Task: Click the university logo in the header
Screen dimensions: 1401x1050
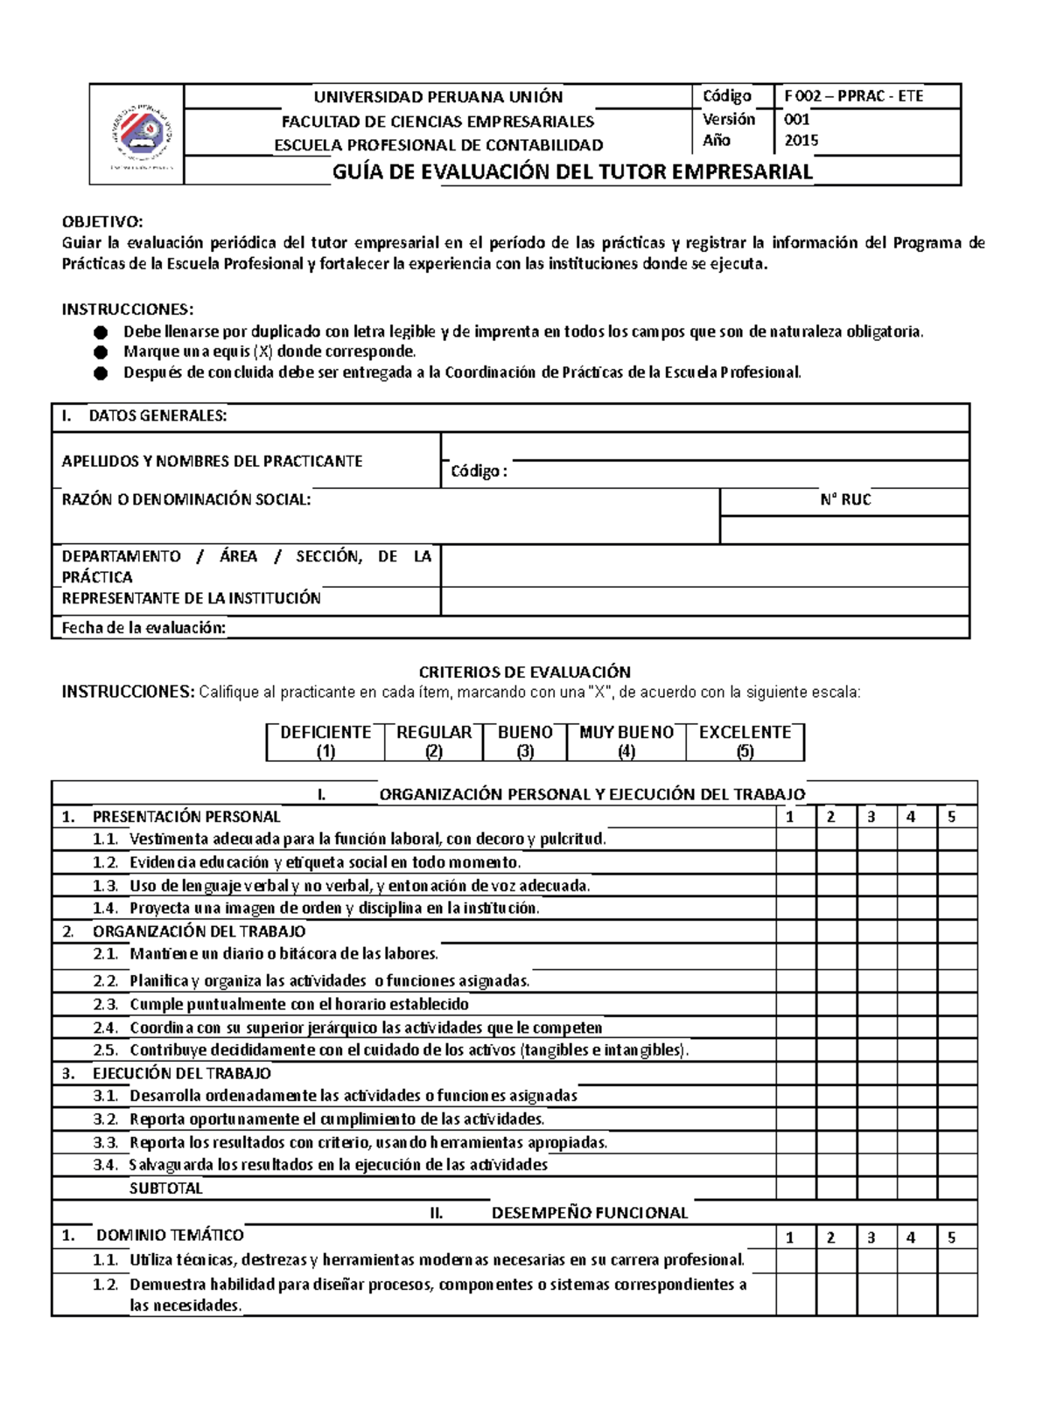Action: (140, 136)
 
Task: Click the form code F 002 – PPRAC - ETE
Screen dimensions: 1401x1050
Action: (853, 96)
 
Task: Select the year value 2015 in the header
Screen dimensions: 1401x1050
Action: (801, 140)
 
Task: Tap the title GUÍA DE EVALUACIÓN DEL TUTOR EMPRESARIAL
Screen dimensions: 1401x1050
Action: (572, 171)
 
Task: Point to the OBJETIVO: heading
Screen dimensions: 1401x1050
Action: (101, 222)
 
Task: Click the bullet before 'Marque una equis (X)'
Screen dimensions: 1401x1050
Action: (101, 352)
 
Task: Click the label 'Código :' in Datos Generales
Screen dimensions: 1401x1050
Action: (478, 471)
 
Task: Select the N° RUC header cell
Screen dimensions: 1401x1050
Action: (844, 499)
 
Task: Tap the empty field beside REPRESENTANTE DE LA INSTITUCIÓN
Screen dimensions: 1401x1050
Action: (704, 601)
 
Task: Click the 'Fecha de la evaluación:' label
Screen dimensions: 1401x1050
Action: (143, 627)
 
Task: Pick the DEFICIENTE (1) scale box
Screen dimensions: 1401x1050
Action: (325, 741)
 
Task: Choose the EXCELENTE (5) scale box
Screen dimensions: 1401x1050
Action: (745, 741)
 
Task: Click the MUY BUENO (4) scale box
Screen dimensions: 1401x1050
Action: (626, 741)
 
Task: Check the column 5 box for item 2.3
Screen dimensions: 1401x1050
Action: (957, 1004)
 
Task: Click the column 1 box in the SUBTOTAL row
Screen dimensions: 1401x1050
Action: (796, 1188)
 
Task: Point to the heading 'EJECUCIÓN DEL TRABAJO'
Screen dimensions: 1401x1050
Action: (182, 1073)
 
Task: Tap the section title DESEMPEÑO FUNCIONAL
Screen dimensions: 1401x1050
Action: (589, 1212)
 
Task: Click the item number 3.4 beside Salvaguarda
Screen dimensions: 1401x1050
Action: (105, 1165)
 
